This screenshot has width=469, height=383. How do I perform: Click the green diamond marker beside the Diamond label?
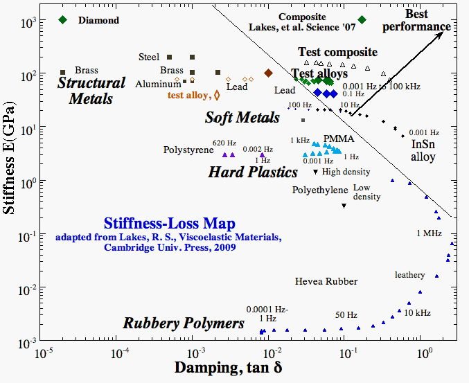63,20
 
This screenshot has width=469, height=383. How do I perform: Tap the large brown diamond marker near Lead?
268,73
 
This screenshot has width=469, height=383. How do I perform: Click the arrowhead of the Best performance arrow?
440,34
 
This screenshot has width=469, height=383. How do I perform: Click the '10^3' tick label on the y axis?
28,22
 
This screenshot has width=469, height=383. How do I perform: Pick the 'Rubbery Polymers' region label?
184,323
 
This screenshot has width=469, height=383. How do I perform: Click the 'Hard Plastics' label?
253,172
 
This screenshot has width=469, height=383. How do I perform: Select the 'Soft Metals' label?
242,118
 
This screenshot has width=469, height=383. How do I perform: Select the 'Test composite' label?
337,52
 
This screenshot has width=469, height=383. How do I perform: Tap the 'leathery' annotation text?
409,275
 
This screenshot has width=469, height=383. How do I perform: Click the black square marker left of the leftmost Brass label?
63,71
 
